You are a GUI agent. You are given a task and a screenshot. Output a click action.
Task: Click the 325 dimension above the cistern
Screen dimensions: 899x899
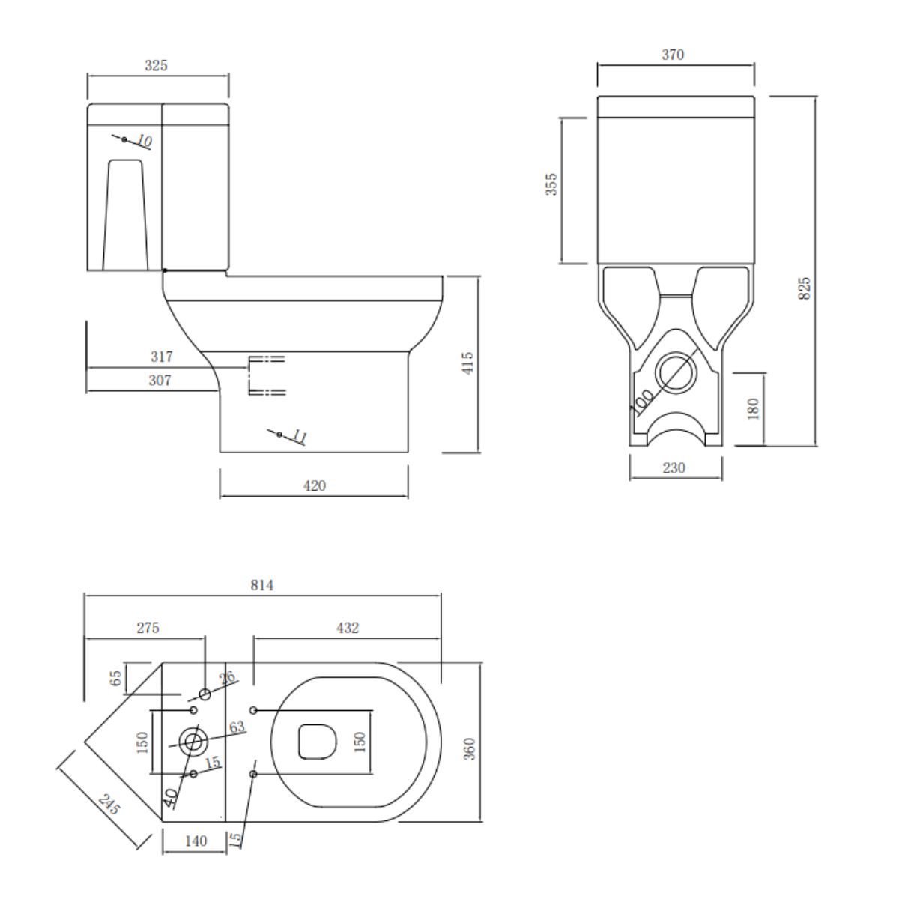tap(156, 66)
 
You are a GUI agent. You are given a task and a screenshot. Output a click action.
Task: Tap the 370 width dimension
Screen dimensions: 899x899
tap(673, 55)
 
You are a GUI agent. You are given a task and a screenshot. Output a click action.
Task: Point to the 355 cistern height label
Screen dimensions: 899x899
tap(551, 184)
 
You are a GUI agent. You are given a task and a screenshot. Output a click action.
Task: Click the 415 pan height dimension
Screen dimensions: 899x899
tap(467, 363)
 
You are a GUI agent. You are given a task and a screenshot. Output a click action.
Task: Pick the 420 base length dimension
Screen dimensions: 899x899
tap(314, 486)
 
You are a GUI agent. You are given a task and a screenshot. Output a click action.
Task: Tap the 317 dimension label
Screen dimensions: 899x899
tap(161, 357)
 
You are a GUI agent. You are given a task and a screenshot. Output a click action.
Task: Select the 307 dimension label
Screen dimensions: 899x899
tap(160, 381)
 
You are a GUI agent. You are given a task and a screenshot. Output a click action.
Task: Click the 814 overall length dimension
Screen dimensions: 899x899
tap(261, 585)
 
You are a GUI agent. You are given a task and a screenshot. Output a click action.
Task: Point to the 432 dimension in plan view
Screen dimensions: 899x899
tap(348, 628)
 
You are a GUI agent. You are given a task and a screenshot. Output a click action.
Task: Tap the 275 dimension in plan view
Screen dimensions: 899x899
tap(148, 628)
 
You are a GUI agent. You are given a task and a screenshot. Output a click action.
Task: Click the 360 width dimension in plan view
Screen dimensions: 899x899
tap(469, 748)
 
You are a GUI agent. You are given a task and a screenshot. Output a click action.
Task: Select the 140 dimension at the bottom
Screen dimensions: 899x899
tap(195, 841)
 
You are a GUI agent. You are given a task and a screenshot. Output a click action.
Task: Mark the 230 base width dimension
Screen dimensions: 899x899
tap(674, 468)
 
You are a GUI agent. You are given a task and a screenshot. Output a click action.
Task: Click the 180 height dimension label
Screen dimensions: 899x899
tap(753, 408)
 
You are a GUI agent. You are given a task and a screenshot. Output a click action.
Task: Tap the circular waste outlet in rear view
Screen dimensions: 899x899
tap(677, 372)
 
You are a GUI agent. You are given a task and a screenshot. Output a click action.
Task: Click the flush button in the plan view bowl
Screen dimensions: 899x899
tap(318, 741)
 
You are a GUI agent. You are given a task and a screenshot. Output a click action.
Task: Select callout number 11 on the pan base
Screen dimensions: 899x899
tap(299, 436)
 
